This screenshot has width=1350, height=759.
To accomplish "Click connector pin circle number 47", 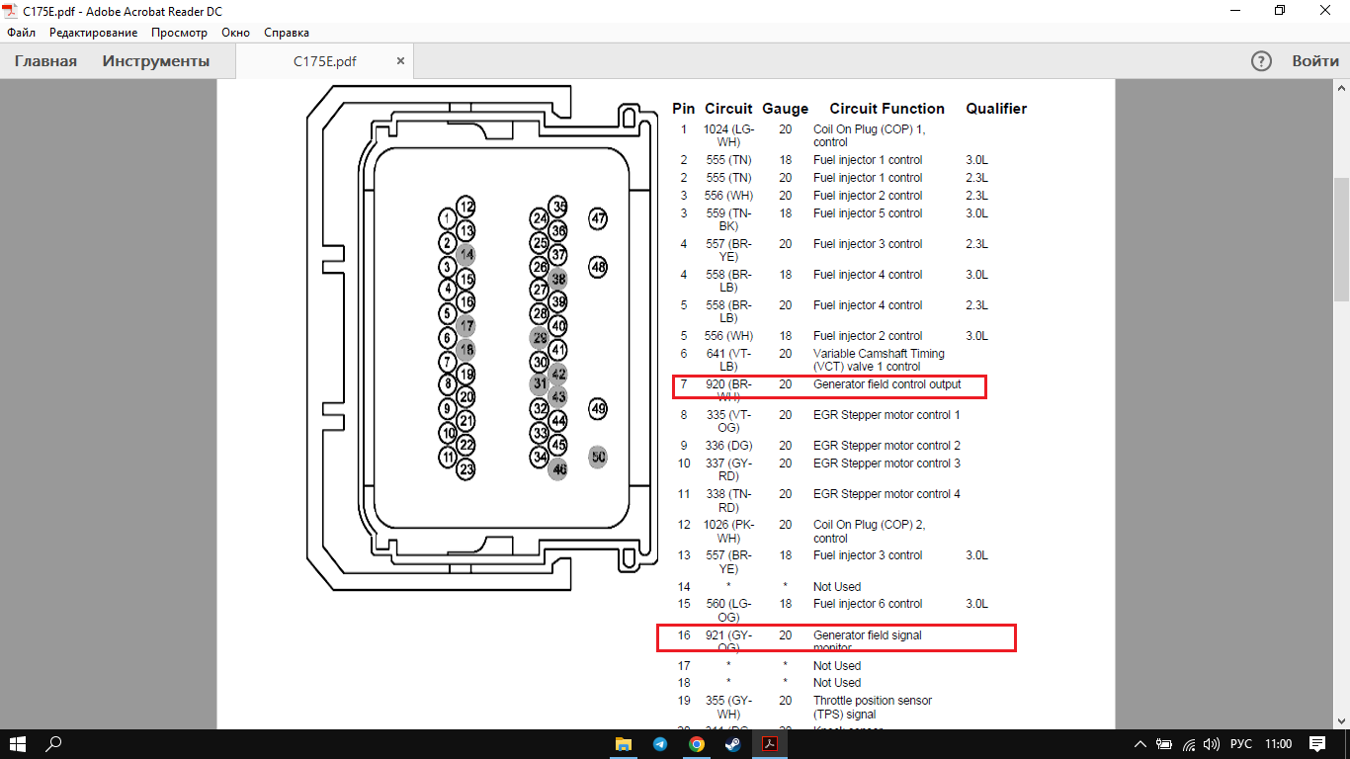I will coord(598,218).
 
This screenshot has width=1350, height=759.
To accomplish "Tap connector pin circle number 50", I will coord(598,457).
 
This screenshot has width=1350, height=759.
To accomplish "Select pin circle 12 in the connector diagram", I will coord(466,208).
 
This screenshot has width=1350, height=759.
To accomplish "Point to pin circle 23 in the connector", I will coord(466,469).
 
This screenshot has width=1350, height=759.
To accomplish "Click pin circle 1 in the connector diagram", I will coord(448,218).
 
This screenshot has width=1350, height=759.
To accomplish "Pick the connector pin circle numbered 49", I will coord(598,408).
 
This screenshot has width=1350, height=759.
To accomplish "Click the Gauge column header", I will coord(786,109).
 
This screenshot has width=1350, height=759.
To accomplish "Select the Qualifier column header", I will coord(996,109).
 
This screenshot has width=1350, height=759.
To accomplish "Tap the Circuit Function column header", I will coord(886,109).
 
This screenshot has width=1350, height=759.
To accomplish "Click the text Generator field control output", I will coord(886,384).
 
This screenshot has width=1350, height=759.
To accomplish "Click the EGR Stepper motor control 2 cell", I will coord(886,446).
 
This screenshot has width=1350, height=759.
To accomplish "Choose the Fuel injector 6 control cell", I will coord(868,604).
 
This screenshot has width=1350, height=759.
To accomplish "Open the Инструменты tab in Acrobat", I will coord(156,61).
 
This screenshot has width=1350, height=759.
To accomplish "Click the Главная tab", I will coord(45,61).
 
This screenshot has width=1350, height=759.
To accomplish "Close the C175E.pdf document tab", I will coord(400,61).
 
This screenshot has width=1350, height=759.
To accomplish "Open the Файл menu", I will coord(21,33).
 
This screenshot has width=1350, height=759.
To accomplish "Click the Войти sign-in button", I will coord(1315,61).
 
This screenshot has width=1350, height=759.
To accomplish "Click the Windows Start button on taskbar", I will coord(17,743).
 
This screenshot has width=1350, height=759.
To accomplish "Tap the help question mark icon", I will coord(1261,61).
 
